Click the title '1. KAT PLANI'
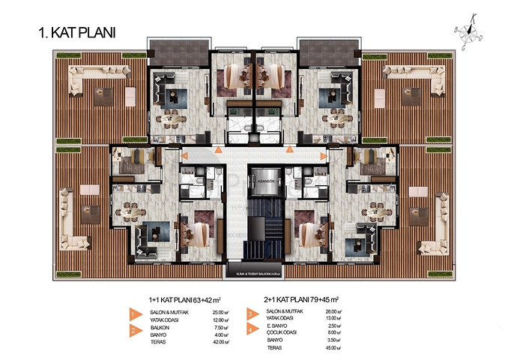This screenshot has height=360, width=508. [x=76, y=34]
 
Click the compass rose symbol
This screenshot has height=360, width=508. [x=469, y=29]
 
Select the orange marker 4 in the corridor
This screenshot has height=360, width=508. [x=323, y=155]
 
